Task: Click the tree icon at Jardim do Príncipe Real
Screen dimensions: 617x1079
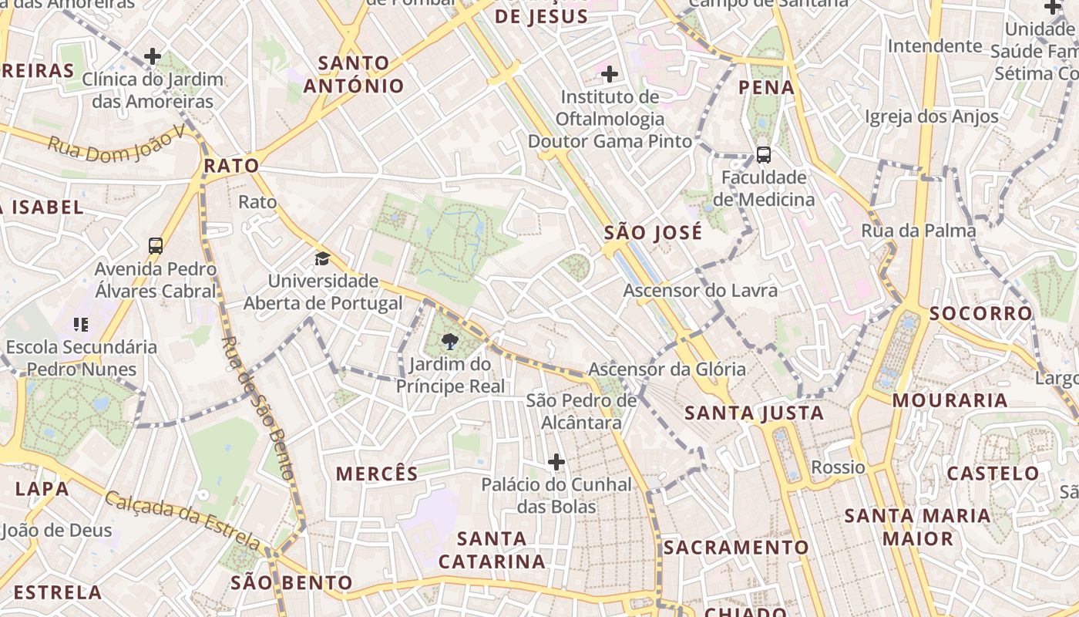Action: tap(450, 340)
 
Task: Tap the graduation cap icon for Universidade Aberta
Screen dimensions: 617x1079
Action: tap(321, 258)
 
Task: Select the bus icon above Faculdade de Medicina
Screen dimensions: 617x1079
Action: tap(763, 154)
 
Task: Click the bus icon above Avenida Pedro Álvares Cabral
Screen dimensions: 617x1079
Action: tap(156, 246)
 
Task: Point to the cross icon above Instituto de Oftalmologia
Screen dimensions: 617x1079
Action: tap(610, 74)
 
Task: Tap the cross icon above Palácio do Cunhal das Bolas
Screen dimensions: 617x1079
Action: tap(556, 462)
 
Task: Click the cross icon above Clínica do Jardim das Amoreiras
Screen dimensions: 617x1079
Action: tap(153, 56)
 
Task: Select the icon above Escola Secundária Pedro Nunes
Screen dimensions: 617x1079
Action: tap(81, 325)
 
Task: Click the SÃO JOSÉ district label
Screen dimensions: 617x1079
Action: tap(653, 233)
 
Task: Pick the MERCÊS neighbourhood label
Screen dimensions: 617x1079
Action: tap(377, 474)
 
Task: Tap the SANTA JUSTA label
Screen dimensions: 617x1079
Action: tap(755, 413)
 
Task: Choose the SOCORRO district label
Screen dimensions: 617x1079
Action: tap(980, 314)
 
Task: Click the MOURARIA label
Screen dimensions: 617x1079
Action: tap(950, 400)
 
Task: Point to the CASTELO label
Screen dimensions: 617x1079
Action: tap(993, 474)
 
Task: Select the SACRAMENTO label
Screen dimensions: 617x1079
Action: tap(736, 548)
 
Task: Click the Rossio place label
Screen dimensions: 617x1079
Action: tap(838, 467)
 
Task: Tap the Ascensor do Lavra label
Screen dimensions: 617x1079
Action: tap(700, 291)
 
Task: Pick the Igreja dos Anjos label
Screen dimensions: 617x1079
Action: tap(932, 117)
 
